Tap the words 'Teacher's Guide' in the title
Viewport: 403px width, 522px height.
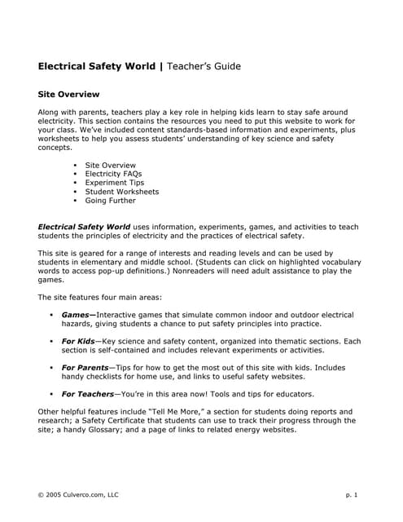pyautogui.click(x=204, y=65)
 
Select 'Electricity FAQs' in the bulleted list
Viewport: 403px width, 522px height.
pyautogui.click(x=116, y=174)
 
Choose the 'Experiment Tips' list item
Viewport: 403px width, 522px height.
pyautogui.click(x=114, y=183)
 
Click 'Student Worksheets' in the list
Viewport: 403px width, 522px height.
pyautogui.click(x=121, y=192)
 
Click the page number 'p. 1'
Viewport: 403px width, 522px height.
pyautogui.click(x=351, y=495)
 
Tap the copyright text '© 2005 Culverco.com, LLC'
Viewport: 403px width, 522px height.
pyautogui.click(x=78, y=495)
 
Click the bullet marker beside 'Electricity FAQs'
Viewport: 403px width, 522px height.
pyautogui.click(x=76, y=174)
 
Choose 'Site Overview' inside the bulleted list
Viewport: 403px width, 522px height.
pyautogui.click(x=110, y=165)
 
